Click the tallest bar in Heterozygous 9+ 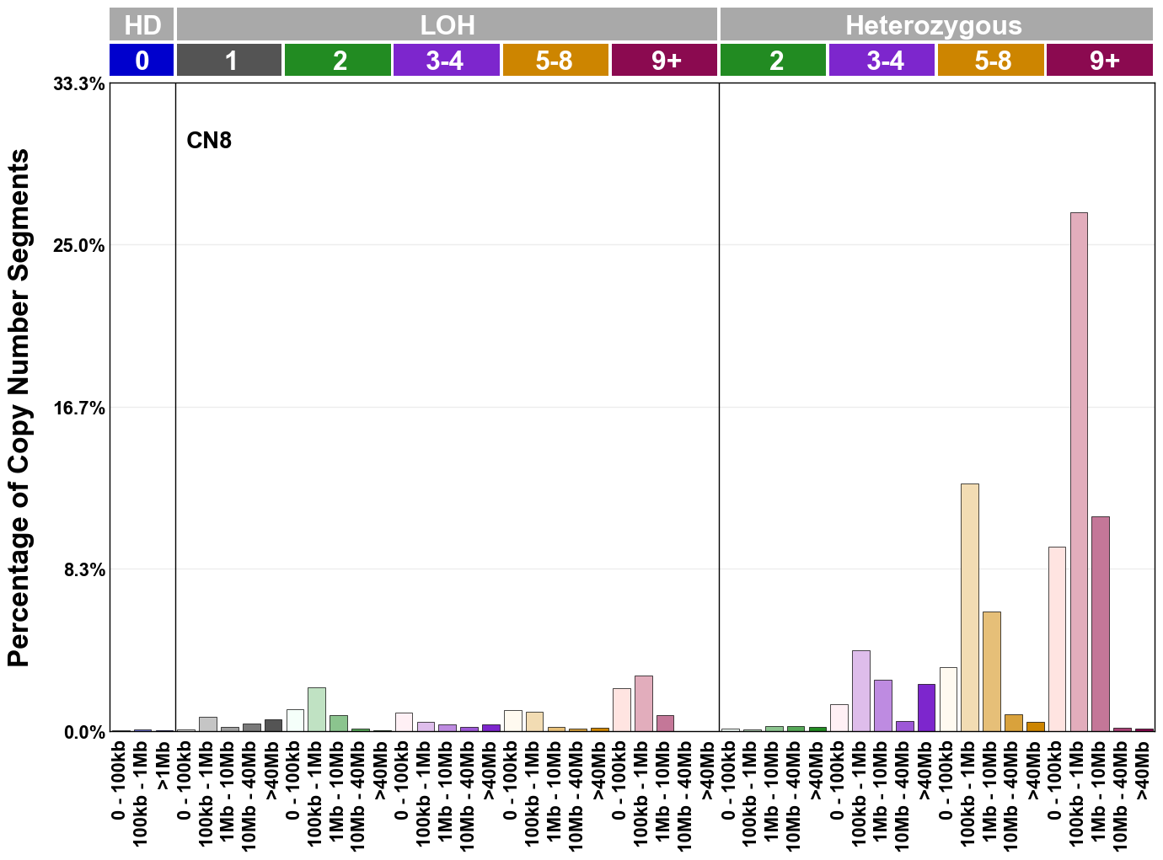(1079, 472)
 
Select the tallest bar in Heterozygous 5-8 (970, 607)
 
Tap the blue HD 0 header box (142, 61)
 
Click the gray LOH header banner (447, 24)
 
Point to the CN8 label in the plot (209, 140)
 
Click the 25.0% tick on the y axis (79, 246)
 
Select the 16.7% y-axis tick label (79, 409)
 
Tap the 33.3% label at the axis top (79, 84)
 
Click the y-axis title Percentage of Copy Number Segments (19, 408)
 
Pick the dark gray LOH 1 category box (229, 61)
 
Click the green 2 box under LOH (338, 61)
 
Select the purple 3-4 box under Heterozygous (882, 61)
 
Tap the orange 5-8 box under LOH (555, 61)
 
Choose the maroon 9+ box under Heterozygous (1100, 61)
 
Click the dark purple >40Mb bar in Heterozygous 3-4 (926, 708)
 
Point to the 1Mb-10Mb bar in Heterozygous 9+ (1101, 623)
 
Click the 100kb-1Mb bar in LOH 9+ (644, 703)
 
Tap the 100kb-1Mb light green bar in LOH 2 (317, 709)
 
